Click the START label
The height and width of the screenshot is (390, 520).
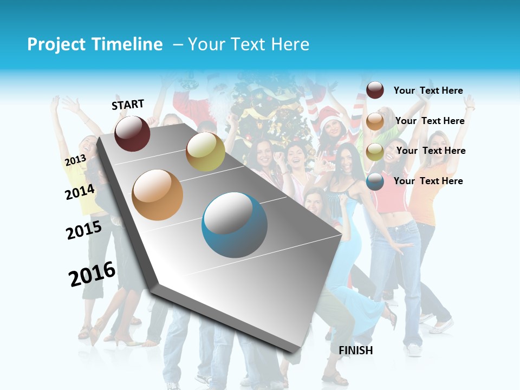tap(128, 105)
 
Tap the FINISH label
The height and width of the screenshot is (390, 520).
tap(355, 350)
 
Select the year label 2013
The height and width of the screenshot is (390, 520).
tap(75, 160)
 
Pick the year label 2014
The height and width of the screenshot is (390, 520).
tap(80, 192)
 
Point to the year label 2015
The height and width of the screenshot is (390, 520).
tap(84, 230)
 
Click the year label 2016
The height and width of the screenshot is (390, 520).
tap(92, 274)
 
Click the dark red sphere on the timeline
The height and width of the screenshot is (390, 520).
tap(132, 133)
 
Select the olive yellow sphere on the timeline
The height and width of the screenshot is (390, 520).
tap(205, 152)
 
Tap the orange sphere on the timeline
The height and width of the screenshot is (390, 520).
tap(158, 194)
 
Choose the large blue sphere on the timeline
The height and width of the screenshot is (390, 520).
tap(235, 225)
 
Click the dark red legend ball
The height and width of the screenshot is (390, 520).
tap(375, 90)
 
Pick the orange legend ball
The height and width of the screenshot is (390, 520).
tap(375, 121)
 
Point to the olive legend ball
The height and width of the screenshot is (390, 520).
tap(375, 152)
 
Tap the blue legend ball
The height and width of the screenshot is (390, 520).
tap(375, 181)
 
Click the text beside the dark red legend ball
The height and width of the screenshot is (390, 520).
tap(428, 90)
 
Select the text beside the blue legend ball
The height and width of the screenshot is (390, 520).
tap(428, 181)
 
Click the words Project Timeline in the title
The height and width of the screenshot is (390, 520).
tap(95, 44)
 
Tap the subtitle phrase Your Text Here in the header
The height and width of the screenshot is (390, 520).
tap(249, 44)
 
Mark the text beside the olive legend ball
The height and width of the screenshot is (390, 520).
tap(431, 151)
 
